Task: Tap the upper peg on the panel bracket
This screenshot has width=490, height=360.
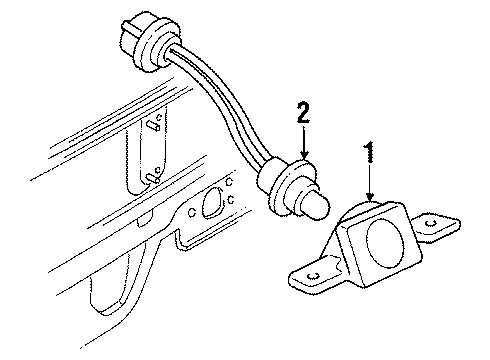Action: [x=155, y=127]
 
